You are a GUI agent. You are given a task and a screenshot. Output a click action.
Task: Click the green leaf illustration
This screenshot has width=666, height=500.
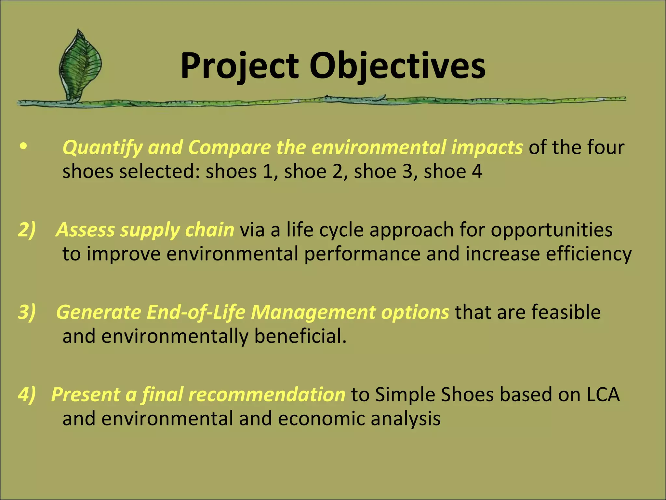(x=80, y=65)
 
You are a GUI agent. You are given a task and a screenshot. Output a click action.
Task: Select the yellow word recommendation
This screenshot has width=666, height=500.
(x=266, y=395)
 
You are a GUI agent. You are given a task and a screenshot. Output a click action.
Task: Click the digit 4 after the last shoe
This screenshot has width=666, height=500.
(x=477, y=172)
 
